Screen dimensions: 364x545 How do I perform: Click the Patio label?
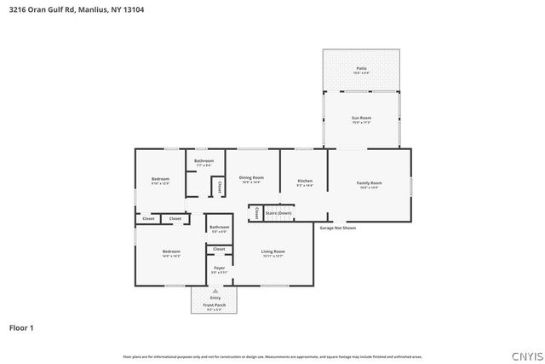coord(361,67)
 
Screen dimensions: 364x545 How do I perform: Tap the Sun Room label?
coord(361,118)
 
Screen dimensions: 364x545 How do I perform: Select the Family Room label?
coord(369,183)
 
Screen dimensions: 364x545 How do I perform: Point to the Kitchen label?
coord(305,181)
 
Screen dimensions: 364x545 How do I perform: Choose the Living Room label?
coord(272,251)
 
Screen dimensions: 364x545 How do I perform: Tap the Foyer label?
coord(219,268)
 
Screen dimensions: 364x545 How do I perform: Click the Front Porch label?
coord(215,304)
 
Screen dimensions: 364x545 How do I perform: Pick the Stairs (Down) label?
coord(278,212)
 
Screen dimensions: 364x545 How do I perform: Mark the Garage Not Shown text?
coord(338,228)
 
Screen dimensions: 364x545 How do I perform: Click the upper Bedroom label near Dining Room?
coord(160,179)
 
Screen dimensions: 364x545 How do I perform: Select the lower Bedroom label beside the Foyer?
coord(172,251)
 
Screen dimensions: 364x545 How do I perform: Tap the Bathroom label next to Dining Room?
coord(204,160)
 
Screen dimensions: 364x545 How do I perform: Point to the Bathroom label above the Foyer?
coord(219,227)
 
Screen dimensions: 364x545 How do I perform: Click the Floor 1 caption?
coord(21,327)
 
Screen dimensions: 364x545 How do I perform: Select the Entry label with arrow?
coord(215,298)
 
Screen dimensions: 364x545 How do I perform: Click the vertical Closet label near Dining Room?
coord(219,185)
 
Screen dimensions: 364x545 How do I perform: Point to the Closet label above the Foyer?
coord(219,249)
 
